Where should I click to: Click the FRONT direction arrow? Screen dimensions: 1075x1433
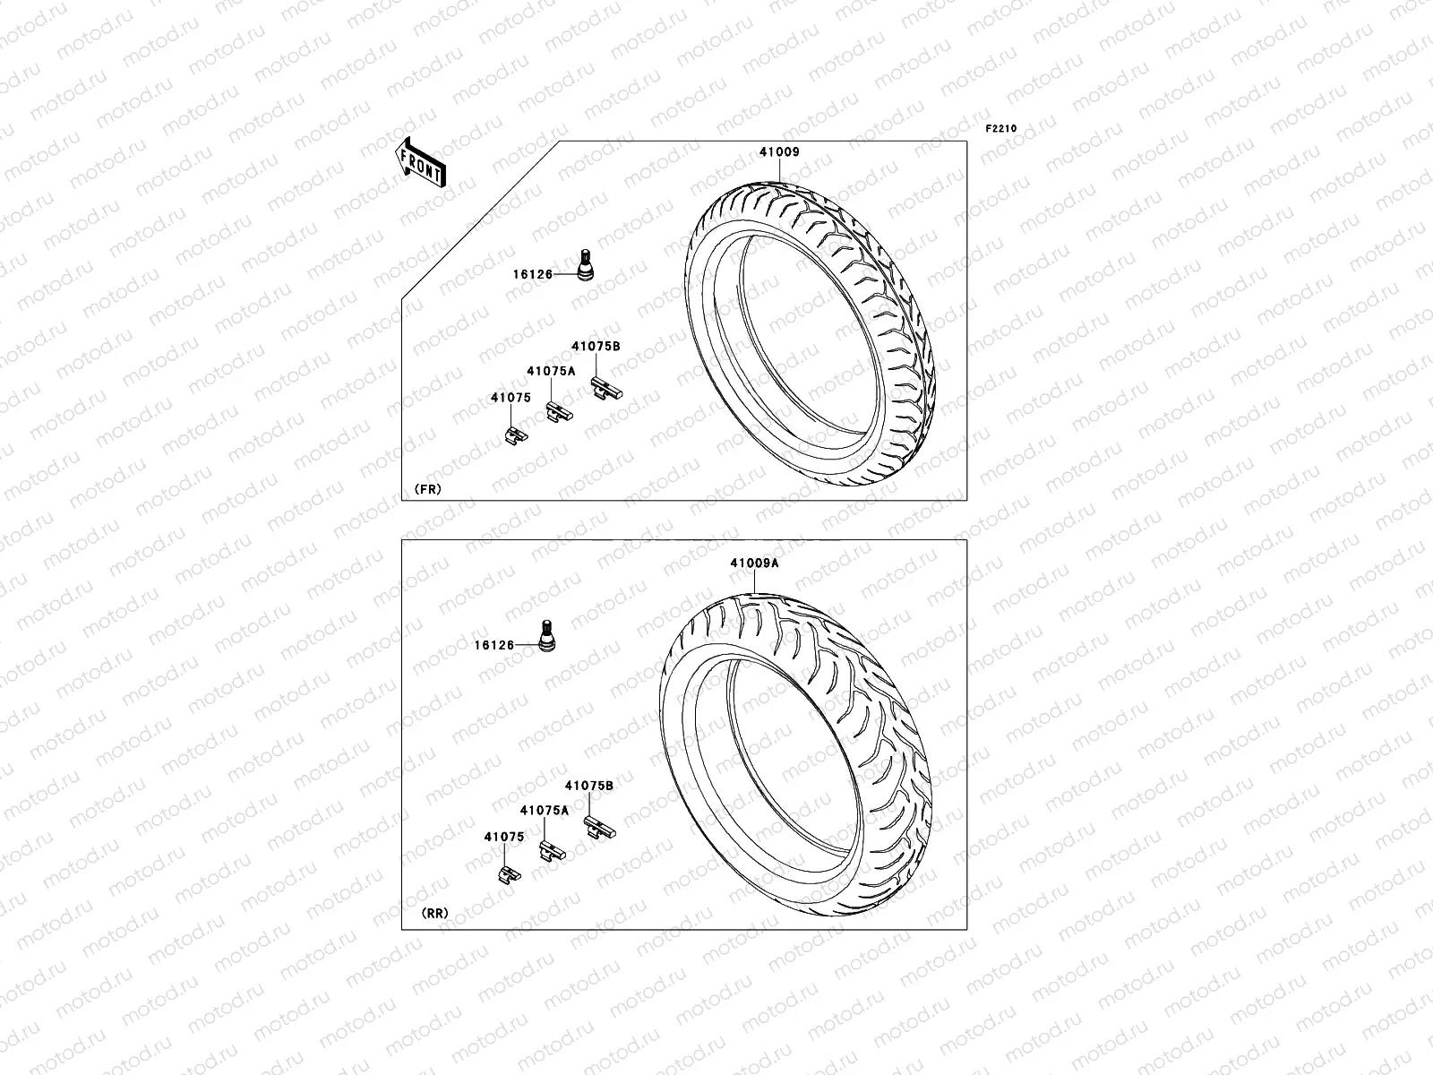point(420,162)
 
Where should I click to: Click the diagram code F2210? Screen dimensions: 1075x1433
point(1001,129)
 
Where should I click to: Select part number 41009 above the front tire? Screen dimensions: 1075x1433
point(779,152)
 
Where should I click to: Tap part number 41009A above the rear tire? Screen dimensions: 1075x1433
point(754,563)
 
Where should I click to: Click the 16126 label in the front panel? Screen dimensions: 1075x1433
point(531,275)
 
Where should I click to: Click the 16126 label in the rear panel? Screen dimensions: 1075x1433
point(494,645)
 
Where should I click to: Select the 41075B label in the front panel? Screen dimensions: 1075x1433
point(596,346)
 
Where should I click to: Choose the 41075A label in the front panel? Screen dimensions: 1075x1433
point(551,370)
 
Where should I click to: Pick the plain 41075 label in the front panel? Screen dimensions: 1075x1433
point(511,397)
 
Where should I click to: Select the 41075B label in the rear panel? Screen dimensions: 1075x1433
point(588,785)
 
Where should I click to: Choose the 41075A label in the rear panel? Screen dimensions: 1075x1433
point(545,810)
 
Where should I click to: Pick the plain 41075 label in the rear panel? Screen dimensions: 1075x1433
point(504,837)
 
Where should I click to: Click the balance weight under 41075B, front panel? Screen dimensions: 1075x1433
point(605,389)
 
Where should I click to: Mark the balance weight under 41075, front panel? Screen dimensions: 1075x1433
point(515,434)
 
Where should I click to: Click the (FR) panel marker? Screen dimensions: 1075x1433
point(427,489)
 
